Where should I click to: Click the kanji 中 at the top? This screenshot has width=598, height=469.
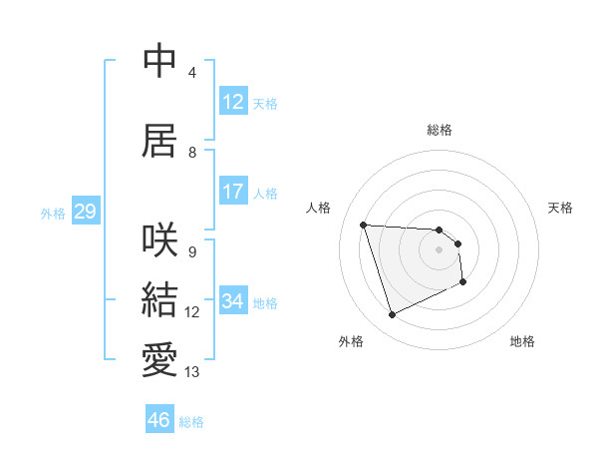tap(160, 62)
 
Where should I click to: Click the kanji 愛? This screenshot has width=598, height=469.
tap(160, 360)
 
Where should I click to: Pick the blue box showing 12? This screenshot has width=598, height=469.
tap(233, 102)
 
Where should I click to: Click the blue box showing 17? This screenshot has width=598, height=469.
tap(233, 192)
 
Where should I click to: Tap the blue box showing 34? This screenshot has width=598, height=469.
tap(233, 301)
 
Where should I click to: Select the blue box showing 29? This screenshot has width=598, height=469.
tap(85, 212)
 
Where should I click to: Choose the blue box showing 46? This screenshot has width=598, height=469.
tap(159, 420)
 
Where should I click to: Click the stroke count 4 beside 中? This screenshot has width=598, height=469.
tap(192, 73)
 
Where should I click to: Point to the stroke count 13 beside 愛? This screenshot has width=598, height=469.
tap(192, 372)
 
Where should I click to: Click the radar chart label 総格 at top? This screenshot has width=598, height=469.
tap(440, 130)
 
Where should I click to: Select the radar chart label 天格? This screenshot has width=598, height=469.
tap(560, 208)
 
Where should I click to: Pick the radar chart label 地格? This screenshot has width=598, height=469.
tap(522, 341)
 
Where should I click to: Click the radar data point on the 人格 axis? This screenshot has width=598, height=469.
tap(363, 225)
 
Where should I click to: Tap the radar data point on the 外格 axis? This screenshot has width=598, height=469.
tap(392, 315)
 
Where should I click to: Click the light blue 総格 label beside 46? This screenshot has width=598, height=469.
tap(191, 422)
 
